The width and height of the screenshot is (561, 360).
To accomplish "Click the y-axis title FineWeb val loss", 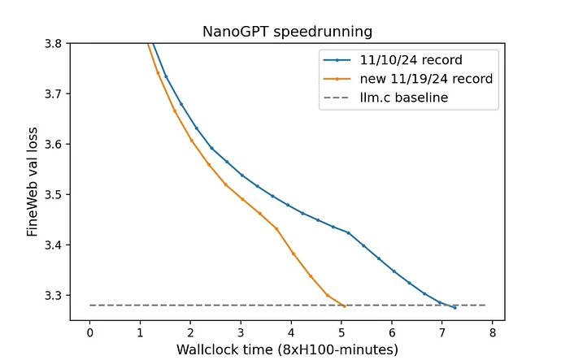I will click(33, 180).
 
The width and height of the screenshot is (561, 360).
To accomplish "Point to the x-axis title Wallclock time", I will click(287, 350).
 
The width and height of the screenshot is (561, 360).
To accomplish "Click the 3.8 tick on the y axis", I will click(53, 43).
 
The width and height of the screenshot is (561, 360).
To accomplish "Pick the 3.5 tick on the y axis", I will click(53, 194).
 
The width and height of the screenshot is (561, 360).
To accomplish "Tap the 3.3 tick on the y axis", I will click(53, 295).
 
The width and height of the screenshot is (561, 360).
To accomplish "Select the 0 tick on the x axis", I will click(89, 332).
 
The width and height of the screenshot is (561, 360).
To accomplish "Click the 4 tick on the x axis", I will click(292, 332).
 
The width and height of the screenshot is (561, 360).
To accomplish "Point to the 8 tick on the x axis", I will click(493, 332).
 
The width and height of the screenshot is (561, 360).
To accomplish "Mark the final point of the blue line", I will click(454, 307).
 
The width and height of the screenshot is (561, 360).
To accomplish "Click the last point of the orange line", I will click(345, 306).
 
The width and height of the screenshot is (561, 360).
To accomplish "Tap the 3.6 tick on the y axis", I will click(53, 144).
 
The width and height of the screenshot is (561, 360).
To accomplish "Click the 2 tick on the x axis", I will click(190, 332).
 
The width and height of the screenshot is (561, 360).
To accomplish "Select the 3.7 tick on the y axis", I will click(53, 93).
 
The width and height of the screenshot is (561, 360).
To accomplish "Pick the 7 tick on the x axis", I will click(442, 332).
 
